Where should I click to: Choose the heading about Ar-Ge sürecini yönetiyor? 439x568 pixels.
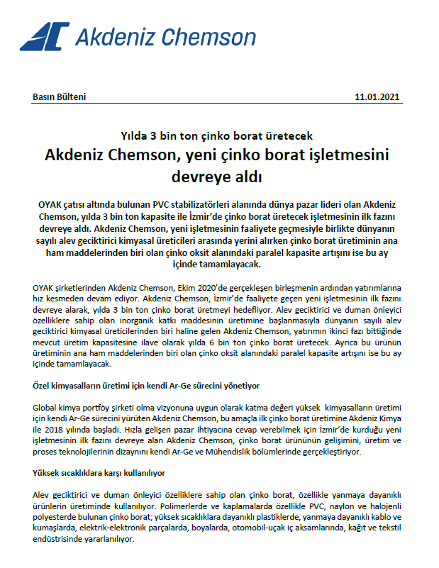(148, 386)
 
